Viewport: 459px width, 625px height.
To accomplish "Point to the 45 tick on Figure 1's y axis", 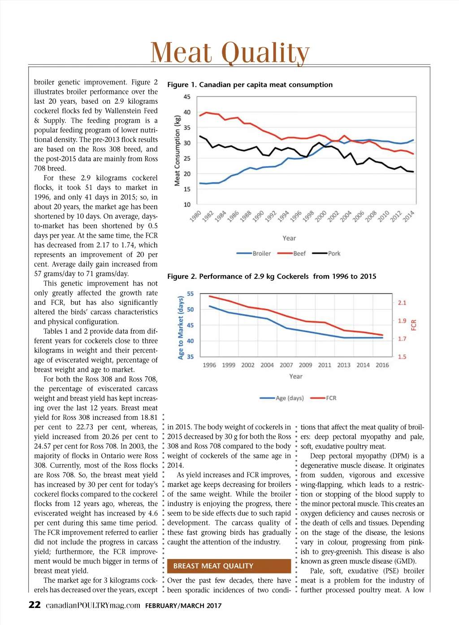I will click(x=187, y=97).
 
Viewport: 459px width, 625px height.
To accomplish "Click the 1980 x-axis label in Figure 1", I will click(x=195, y=216).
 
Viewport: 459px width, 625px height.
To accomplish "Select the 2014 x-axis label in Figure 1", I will click(x=408, y=216).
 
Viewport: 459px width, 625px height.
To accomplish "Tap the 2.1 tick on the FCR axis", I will click(x=402, y=303).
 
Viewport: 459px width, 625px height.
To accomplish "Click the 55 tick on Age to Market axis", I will click(x=191, y=294).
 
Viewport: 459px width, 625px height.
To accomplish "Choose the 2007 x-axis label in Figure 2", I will click(x=286, y=365).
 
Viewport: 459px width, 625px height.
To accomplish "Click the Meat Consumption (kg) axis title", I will click(x=177, y=150).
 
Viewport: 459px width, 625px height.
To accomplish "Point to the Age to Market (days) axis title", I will click(x=181, y=327).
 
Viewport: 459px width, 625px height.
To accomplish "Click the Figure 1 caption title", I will click(x=250, y=85).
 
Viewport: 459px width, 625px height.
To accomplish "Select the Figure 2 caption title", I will click(x=272, y=277).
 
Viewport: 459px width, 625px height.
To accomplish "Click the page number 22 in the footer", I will click(x=35, y=605).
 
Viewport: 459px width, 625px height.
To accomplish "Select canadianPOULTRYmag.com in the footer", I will click(x=93, y=605).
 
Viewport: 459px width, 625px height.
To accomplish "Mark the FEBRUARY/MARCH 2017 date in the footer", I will click(x=183, y=606).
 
